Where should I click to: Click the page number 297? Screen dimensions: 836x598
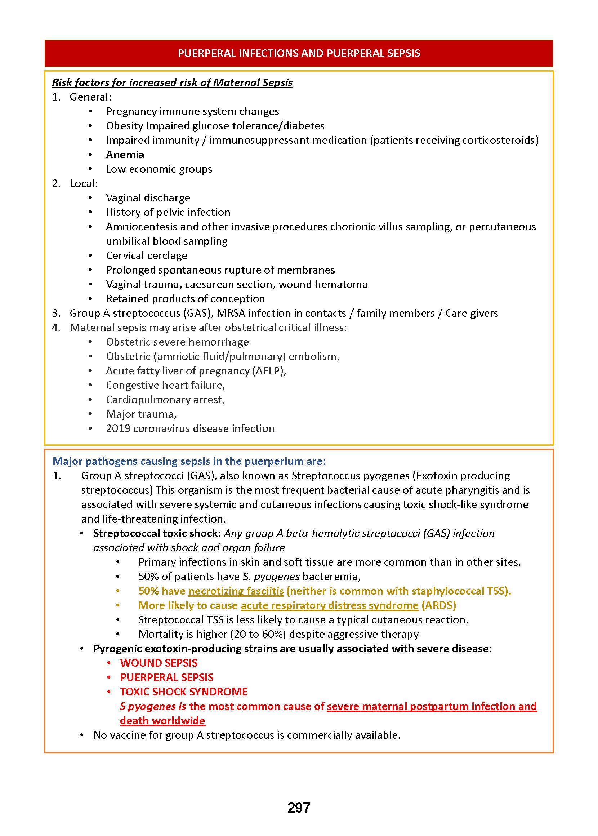pyautogui.click(x=299, y=808)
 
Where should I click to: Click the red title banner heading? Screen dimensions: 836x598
pyautogui.click(x=299, y=53)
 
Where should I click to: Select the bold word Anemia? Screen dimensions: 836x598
pyautogui.click(x=125, y=155)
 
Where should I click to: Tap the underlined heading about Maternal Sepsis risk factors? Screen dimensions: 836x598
pyautogui.click(x=172, y=83)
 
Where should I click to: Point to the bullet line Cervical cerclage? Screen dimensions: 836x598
pyautogui.click(x=147, y=255)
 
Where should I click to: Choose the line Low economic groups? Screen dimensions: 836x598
pyautogui.click(x=159, y=169)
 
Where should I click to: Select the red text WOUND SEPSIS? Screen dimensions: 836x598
pyautogui.click(x=159, y=663)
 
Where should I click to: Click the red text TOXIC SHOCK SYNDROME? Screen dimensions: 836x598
pyautogui.click(x=184, y=692)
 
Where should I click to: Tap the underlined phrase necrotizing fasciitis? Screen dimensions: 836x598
pyautogui.click(x=236, y=591)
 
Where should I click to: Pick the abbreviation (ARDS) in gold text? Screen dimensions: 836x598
pyautogui.click(x=438, y=605)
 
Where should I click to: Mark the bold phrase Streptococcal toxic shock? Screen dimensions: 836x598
pyautogui.click(x=157, y=533)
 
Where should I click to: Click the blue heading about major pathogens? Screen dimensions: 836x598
pyautogui.click(x=189, y=461)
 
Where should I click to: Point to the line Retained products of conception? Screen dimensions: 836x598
pyautogui.click(x=185, y=299)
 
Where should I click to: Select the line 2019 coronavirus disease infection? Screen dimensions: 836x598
pyautogui.click(x=190, y=428)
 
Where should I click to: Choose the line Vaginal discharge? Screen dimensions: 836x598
pyautogui.click(x=148, y=198)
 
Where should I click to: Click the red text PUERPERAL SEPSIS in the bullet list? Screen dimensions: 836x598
pyautogui.click(x=166, y=677)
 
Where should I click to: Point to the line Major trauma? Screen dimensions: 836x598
pyautogui.click(x=141, y=414)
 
